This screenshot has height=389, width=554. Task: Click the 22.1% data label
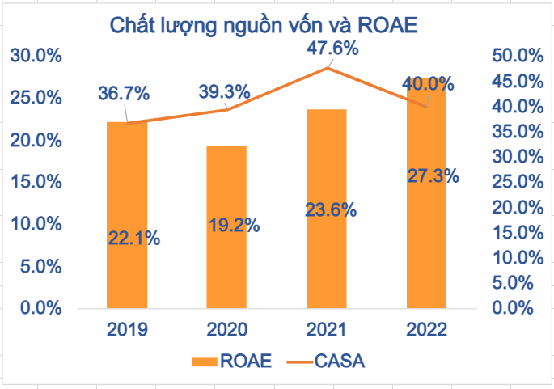(x=133, y=239)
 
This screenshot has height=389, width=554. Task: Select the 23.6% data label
(x=331, y=210)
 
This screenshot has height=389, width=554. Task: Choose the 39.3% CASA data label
(x=225, y=91)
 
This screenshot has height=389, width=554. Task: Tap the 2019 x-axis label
(x=127, y=329)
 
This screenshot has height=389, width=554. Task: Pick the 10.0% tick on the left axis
(x=36, y=223)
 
